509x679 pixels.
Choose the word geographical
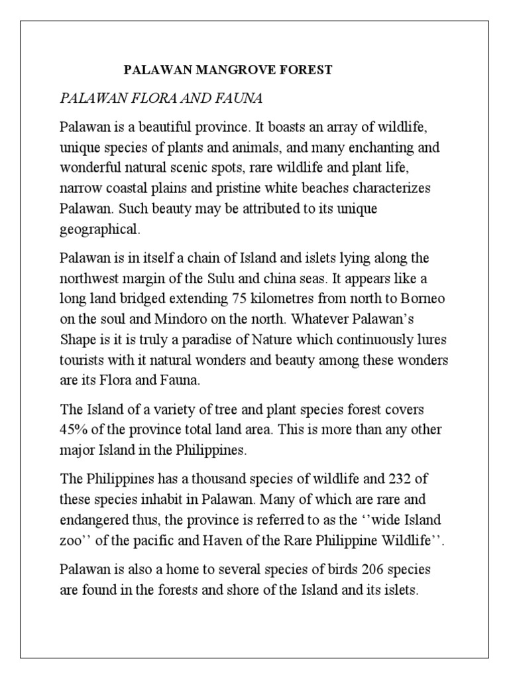(99, 229)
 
